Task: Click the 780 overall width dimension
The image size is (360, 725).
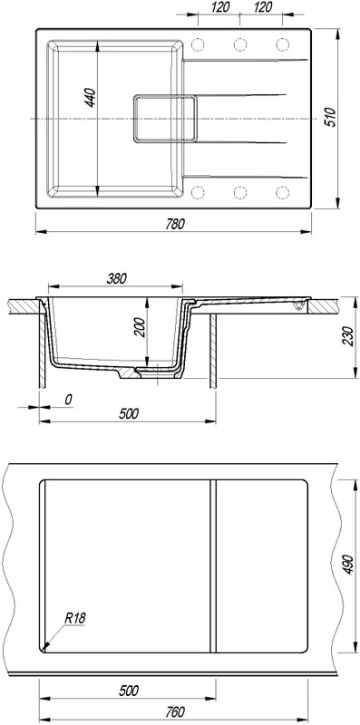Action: pyautogui.click(x=176, y=224)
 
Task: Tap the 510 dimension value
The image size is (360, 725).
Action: pyautogui.click(x=329, y=118)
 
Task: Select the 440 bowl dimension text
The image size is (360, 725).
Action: pyautogui.click(x=91, y=98)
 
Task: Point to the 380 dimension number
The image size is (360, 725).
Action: pyautogui.click(x=117, y=278)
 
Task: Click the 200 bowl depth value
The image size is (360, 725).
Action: pyautogui.click(x=141, y=328)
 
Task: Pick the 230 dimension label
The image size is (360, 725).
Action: pyautogui.click(x=349, y=336)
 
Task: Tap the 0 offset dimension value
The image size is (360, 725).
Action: pyautogui.click(x=68, y=400)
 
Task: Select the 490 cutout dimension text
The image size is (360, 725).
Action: pyautogui.click(x=349, y=565)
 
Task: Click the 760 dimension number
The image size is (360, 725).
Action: pyautogui.click(x=175, y=711)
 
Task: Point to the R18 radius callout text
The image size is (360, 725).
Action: pyautogui.click(x=76, y=617)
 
